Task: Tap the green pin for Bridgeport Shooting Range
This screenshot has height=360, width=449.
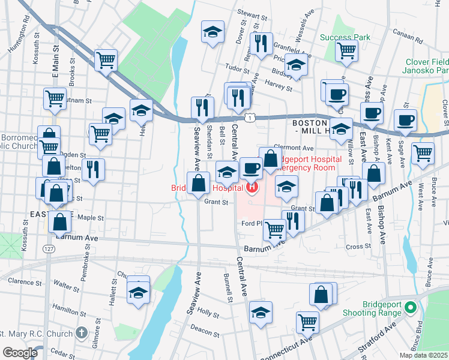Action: (411, 308)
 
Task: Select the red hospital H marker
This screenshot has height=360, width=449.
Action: (252, 188)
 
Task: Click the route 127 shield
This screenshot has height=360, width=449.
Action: (47, 248)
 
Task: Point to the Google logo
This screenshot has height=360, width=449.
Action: (20, 353)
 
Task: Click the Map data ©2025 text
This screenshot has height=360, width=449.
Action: (423, 355)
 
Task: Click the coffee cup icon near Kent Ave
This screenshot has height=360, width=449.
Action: (406, 119)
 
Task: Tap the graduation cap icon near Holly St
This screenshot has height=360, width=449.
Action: (260, 313)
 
